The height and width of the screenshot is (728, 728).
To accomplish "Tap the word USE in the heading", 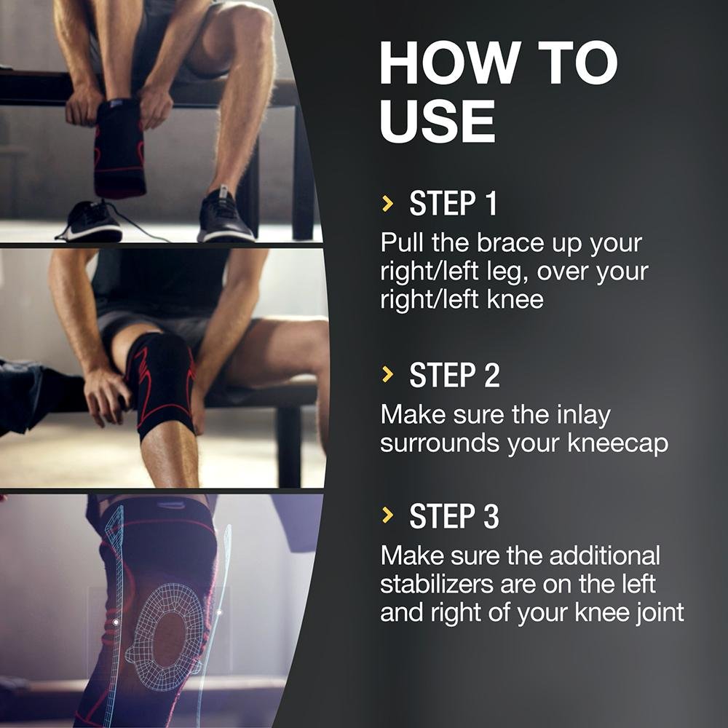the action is (x=438, y=121).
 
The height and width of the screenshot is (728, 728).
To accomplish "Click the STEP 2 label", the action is (x=454, y=375).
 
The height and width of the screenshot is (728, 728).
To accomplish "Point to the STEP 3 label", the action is (x=454, y=516).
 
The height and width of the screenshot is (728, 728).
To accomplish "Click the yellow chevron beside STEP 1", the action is (x=387, y=203).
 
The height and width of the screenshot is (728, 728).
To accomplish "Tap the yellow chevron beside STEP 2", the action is (x=387, y=374).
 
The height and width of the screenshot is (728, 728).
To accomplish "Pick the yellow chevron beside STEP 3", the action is (x=387, y=515).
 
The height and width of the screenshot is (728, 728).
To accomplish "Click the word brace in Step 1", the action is (x=510, y=243).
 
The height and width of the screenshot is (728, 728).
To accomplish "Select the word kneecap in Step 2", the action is (x=617, y=444).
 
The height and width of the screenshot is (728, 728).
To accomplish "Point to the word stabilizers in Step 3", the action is (x=436, y=584).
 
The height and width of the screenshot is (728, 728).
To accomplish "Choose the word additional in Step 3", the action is (x=604, y=555).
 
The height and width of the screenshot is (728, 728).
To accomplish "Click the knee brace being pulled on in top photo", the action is (x=119, y=148).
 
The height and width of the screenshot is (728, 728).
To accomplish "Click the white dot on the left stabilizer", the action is (x=116, y=622).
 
